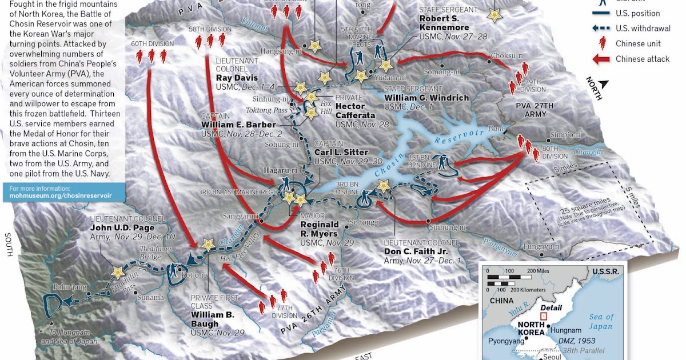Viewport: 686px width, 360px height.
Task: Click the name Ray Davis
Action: (x=237, y=78)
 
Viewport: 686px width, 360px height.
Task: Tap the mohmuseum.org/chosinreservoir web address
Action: (x=61, y=195)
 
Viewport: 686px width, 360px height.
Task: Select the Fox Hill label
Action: (x=326, y=108)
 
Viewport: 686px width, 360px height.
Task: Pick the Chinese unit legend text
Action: (x=638, y=44)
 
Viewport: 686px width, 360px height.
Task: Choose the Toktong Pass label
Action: (x=266, y=110)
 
